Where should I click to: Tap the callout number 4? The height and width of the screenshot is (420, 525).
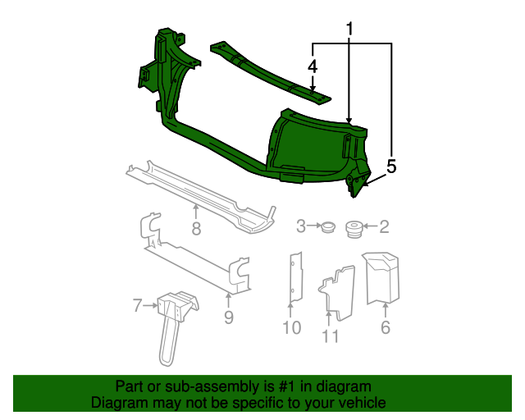[x=313, y=66]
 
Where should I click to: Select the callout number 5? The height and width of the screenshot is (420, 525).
[x=391, y=167]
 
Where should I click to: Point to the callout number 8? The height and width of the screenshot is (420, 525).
[x=196, y=230]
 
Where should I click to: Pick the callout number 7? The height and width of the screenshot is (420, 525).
[x=137, y=306]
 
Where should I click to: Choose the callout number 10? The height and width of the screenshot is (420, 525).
[x=291, y=328]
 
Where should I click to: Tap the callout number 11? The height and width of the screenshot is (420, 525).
[x=330, y=335]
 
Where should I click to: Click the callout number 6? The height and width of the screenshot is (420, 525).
[x=385, y=328]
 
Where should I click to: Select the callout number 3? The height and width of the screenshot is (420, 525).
[x=301, y=226]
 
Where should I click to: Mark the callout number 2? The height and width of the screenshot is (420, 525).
[x=383, y=226]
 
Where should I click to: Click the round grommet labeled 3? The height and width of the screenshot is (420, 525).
[x=328, y=226]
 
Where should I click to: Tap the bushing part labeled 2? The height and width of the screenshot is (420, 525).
[x=354, y=227]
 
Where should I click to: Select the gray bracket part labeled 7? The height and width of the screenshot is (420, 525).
[x=173, y=316]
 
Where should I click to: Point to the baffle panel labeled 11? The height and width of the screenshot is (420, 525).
[x=337, y=289]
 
